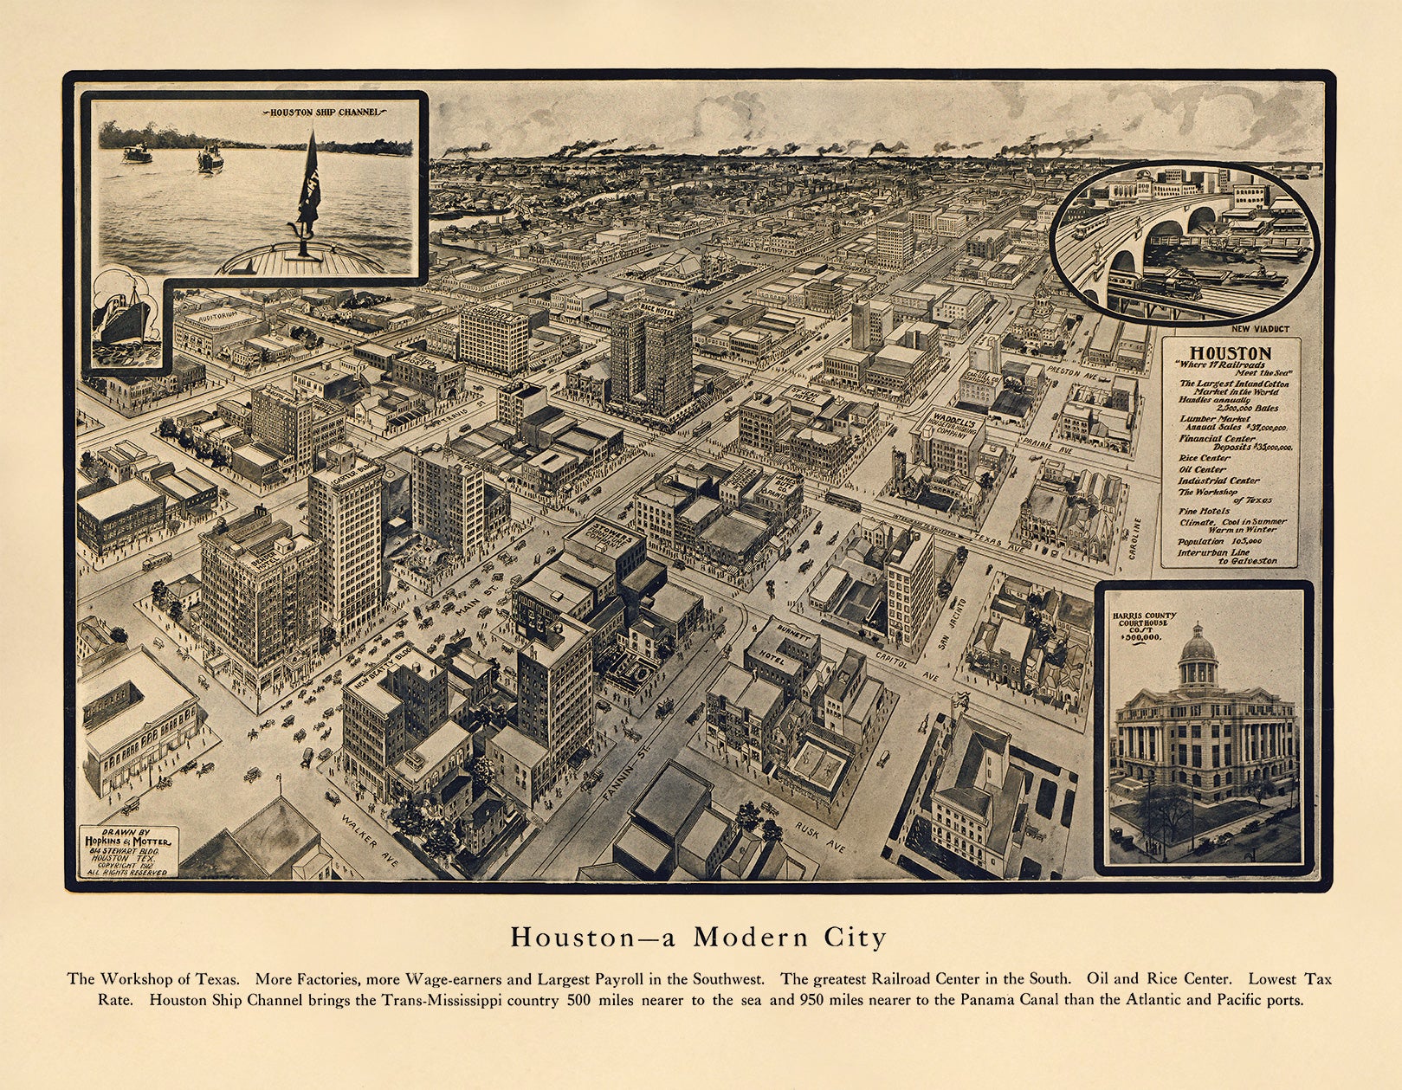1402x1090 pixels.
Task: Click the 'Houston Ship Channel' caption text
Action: (x=324, y=113)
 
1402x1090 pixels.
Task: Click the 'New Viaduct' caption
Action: (x=1260, y=329)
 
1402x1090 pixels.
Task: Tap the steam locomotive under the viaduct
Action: (x=1165, y=283)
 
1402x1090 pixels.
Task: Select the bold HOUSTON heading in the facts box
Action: (x=1230, y=353)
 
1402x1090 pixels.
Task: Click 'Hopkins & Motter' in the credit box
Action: (x=127, y=841)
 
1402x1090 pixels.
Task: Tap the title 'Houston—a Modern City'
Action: (x=698, y=938)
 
